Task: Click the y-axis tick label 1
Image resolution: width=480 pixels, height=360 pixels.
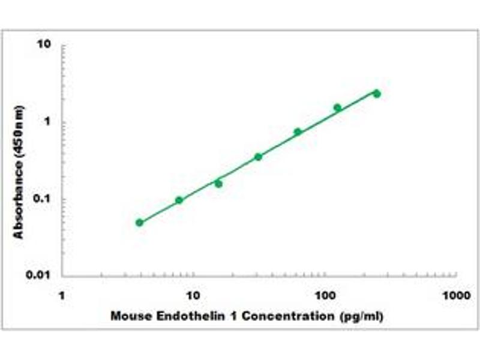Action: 49,122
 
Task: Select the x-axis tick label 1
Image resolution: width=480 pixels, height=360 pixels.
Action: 62,295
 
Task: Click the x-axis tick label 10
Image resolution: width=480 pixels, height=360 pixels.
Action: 193,295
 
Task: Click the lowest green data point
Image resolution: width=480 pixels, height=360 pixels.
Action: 140,223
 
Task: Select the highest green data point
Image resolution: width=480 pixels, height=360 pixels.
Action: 377,94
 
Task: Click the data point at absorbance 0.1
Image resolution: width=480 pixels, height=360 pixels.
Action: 179,200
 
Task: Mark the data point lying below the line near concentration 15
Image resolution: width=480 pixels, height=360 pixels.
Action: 218,184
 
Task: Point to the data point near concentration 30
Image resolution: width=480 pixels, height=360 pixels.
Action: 258,157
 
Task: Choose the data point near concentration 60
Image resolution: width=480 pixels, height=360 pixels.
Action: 298,131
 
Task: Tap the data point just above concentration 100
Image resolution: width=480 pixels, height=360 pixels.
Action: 337,107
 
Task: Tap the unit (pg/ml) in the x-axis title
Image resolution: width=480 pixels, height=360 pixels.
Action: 361,316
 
